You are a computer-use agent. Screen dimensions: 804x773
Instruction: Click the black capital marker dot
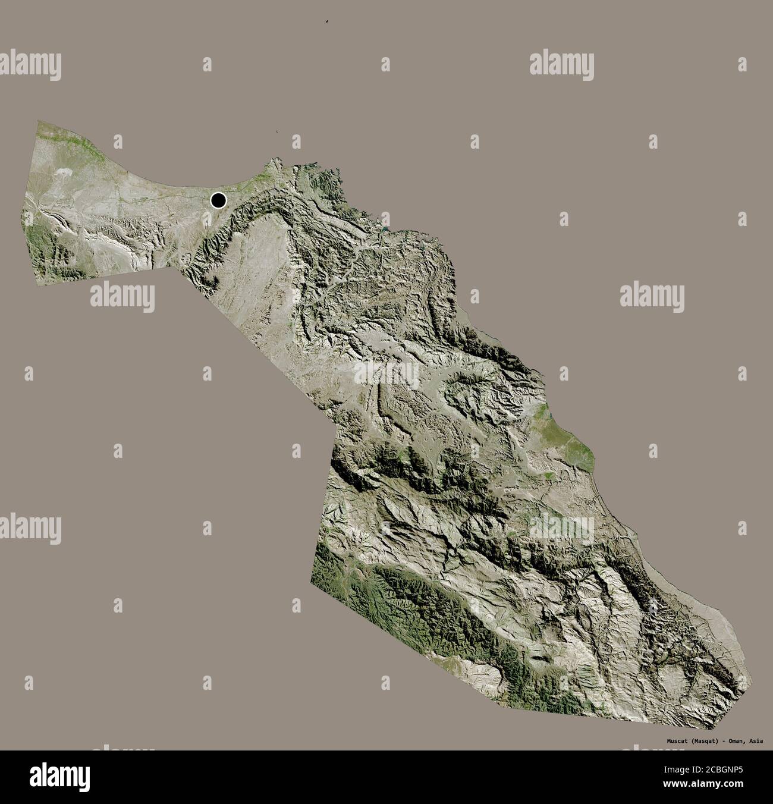(219, 201)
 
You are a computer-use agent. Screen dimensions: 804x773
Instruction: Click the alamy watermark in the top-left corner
(30, 64)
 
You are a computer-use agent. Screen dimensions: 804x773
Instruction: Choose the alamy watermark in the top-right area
(561, 64)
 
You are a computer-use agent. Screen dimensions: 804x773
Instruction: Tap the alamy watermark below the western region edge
(122, 296)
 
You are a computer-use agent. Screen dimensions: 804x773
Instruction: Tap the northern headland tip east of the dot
(273, 159)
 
